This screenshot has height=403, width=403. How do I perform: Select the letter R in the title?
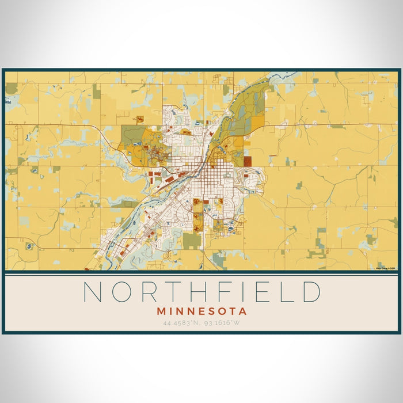coord(150,292)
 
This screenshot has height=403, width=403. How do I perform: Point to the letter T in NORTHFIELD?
coord(176,292)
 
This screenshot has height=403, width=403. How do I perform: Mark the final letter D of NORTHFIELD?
coord(311,292)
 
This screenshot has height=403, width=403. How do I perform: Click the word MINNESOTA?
coord(201,311)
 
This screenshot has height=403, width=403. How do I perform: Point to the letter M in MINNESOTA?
coord(160,311)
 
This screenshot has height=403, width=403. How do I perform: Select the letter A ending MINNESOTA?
coord(244,311)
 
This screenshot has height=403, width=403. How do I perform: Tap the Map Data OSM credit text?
coord(385,268)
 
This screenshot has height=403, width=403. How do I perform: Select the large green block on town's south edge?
coord(192,240)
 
